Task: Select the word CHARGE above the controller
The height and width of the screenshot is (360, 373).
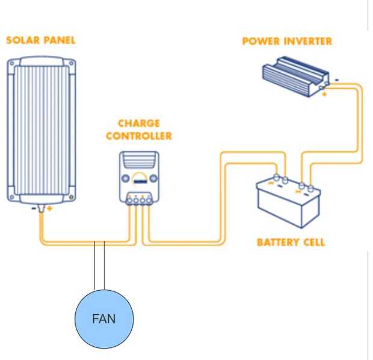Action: pos(139,124)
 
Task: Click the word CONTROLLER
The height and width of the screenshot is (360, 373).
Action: pos(139,136)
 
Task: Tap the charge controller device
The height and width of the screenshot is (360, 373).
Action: pos(139,176)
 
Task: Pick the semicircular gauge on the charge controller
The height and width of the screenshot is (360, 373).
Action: pos(139,178)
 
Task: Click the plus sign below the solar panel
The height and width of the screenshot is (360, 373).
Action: pos(50,209)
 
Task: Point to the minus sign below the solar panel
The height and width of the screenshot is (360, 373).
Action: pos(34,208)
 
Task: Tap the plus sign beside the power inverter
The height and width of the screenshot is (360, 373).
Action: pos(325,94)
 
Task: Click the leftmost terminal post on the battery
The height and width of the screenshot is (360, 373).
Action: pos(276,178)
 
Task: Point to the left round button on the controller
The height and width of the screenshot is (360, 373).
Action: pos(126,178)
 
